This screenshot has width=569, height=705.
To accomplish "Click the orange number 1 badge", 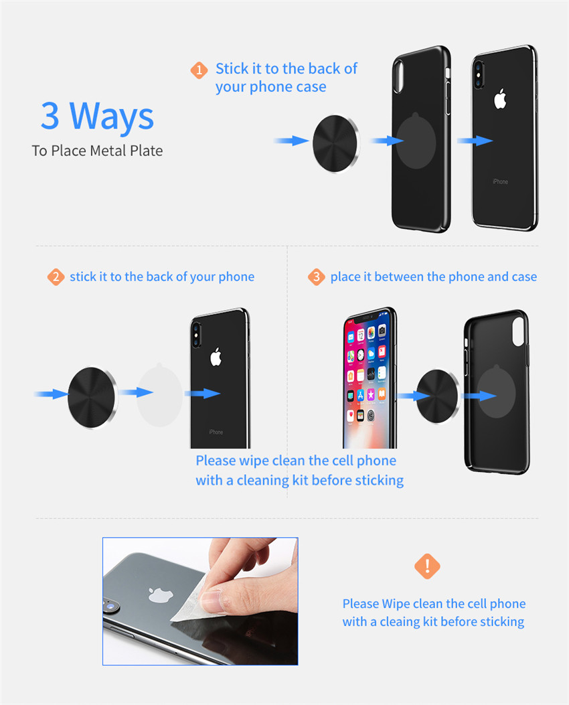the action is (x=199, y=70).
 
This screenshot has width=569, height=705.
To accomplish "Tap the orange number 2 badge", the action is (x=56, y=277).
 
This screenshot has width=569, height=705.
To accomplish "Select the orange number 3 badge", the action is (x=317, y=277).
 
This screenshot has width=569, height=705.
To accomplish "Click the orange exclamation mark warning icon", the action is (x=427, y=566).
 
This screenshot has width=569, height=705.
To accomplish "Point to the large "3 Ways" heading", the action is (x=98, y=116).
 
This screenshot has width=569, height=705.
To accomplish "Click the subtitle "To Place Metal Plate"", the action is (x=97, y=151).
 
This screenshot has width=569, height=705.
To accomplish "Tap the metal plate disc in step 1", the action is (x=336, y=143).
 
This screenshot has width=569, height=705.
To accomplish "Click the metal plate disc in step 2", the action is (x=92, y=398).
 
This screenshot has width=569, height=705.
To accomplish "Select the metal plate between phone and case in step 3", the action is (x=437, y=396).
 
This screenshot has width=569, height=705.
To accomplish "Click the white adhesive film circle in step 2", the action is (x=159, y=395).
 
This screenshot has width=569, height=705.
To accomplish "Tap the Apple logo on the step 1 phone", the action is (x=500, y=99).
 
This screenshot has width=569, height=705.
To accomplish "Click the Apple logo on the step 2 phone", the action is (x=216, y=357).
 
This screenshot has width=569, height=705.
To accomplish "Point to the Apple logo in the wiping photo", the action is (x=161, y=595).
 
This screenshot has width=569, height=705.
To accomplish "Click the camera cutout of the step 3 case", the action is (x=518, y=331).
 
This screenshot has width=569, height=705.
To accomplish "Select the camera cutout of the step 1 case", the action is (x=398, y=76).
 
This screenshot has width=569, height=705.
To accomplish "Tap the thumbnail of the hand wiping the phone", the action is (x=200, y=601).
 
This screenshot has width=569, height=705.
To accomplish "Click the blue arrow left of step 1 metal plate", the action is (x=291, y=141).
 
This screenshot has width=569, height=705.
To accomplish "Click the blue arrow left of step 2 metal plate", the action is (x=52, y=394).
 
